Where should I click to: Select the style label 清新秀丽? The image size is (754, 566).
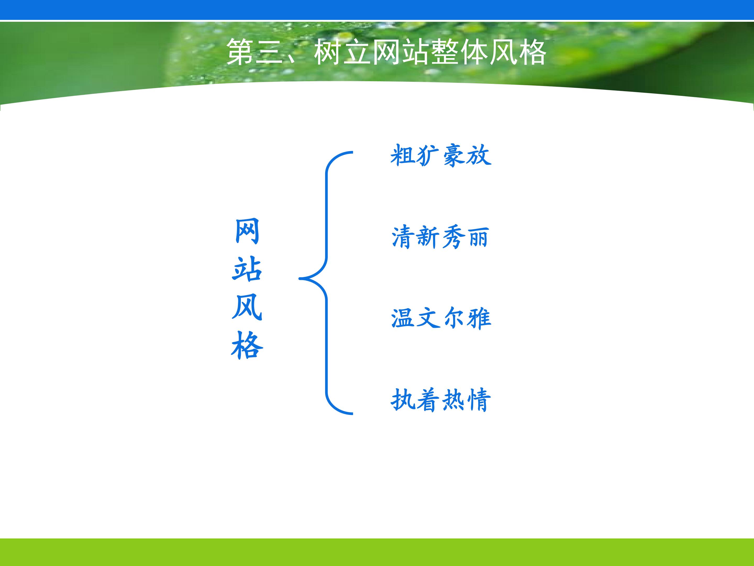pos(440,237)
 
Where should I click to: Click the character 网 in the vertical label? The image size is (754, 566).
pos(247,231)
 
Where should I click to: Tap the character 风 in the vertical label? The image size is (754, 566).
pos(247,307)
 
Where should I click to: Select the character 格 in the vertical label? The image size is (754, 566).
pos(247,345)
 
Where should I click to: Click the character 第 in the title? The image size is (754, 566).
pos(240,52)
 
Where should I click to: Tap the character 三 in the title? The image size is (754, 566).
pos(270,52)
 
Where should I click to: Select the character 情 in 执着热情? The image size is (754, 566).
pos(479,400)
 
